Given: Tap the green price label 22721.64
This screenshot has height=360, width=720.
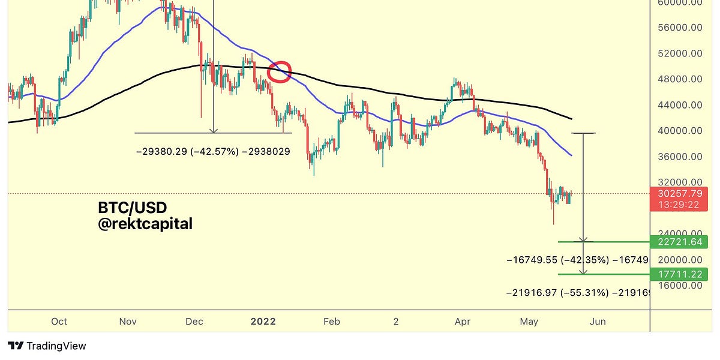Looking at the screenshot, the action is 679,242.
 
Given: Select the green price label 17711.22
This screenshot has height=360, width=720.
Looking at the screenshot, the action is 679,274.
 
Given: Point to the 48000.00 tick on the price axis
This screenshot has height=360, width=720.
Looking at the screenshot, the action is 680,79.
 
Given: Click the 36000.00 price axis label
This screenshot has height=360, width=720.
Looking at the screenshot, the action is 680,157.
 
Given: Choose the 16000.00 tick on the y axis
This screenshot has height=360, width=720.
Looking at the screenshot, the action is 680,286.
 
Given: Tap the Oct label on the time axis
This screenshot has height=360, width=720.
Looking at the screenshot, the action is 59,322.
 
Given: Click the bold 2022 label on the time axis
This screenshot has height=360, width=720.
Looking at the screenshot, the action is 263,322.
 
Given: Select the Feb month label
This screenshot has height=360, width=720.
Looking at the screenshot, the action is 332,322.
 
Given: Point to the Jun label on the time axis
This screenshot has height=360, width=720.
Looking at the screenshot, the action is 598,322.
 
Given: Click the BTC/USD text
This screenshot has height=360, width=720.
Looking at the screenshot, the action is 133,208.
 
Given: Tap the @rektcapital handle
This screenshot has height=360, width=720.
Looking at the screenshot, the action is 145,224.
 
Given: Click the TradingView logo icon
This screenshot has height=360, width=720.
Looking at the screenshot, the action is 16,346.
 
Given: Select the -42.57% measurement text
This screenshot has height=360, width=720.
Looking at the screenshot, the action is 215,151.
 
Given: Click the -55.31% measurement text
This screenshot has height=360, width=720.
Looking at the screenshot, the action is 584,293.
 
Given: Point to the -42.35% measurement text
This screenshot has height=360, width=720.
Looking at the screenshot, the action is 584,260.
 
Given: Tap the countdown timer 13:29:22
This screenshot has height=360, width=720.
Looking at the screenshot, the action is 679,205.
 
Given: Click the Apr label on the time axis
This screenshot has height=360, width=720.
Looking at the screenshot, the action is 463,322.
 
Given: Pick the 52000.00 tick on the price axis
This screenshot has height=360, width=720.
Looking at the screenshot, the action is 680,53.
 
